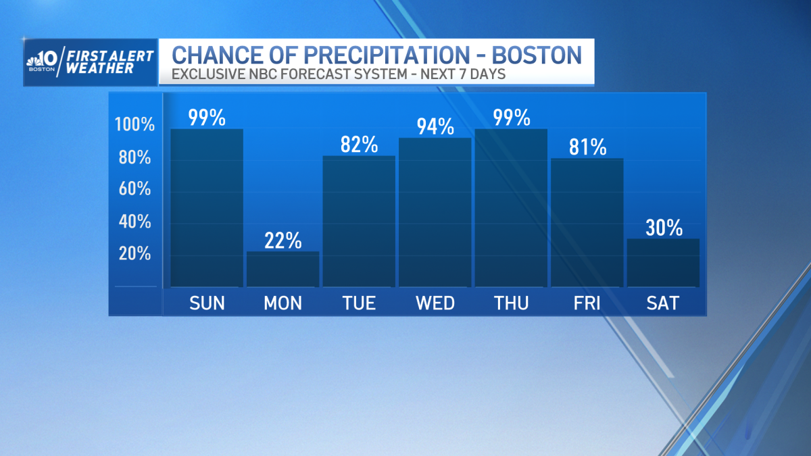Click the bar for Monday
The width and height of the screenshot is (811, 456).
(282, 269)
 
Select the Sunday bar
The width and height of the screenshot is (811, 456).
(207, 207)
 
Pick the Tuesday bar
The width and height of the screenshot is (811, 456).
(359, 221)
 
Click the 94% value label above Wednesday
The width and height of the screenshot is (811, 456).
(435, 126)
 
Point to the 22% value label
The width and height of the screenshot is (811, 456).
(282, 240)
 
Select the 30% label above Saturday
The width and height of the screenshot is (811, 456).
(663, 228)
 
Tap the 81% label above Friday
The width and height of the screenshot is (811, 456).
(587, 147)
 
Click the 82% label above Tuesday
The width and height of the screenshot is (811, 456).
(359, 145)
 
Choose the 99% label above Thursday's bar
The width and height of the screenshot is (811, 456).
(511, 118)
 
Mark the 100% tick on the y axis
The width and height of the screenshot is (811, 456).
(134, 125)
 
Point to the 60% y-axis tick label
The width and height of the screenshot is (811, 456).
(134, 189)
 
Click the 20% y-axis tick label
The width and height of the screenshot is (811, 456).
(134, 254)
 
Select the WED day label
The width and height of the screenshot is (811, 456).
(435, 303)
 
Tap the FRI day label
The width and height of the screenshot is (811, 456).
(587, 303)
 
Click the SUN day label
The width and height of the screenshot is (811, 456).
(207, 303)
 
